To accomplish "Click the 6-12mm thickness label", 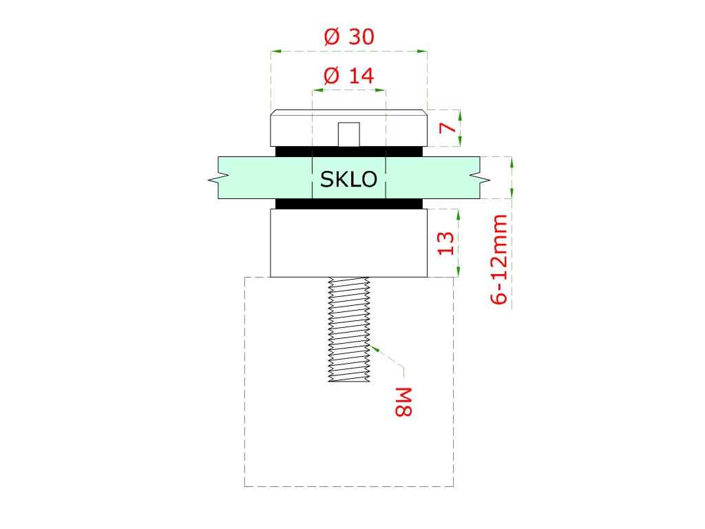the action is coord(499,259).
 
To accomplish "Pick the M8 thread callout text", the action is coord(403,402).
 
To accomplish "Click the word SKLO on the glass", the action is coord(349,180).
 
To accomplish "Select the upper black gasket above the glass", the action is coord(349,151).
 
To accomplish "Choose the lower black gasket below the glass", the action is coord(349,203).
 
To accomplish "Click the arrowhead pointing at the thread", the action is coord(375,348).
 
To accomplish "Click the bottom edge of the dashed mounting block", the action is coord(349,486).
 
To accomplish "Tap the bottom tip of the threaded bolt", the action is coord(349,381).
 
